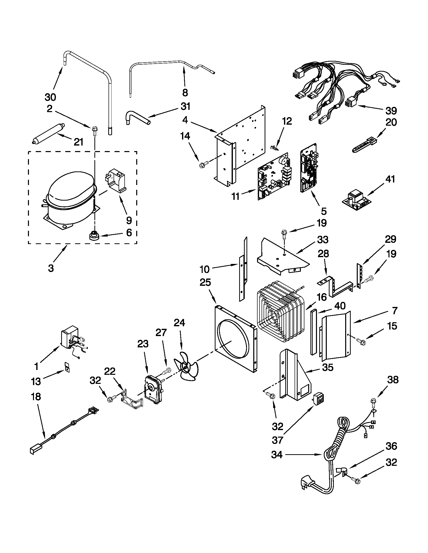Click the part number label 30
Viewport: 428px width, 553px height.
pyautogui.click(x=50, y=97)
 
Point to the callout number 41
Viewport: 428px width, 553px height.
pyautogui.click(x=390, y=179)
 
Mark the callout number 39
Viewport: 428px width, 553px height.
pyautogui.click(x=391, y=111)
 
